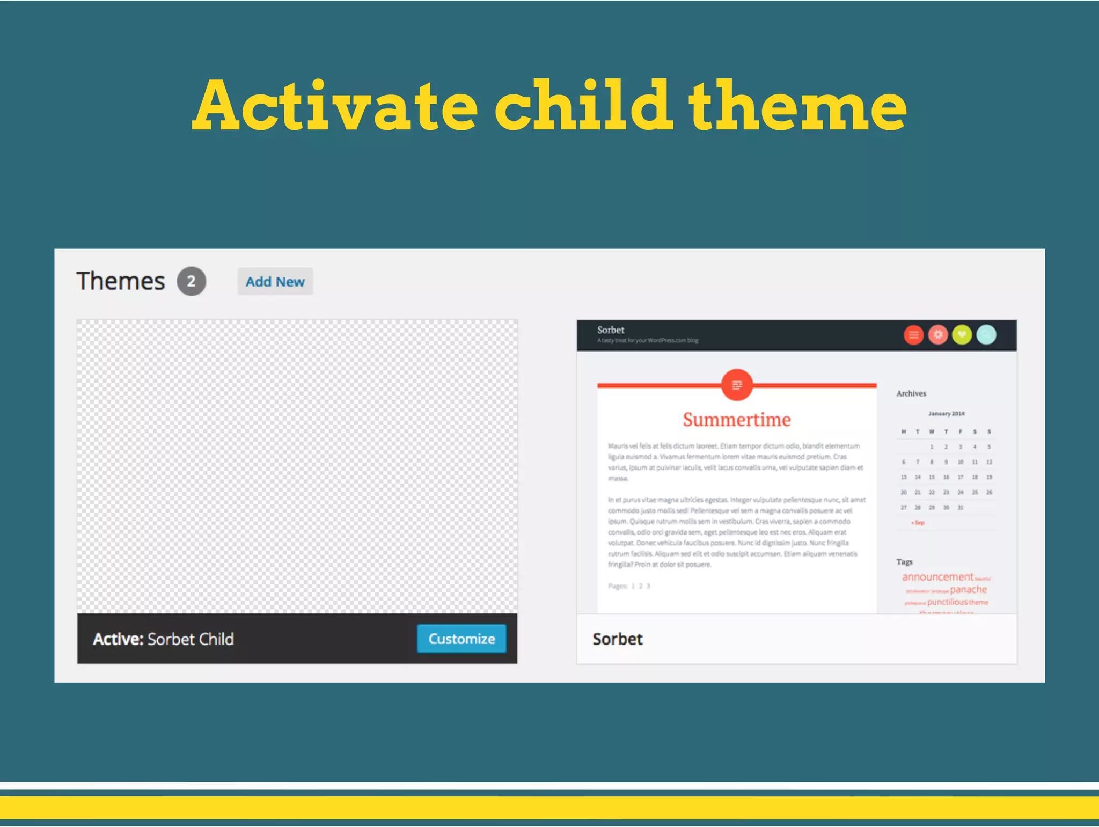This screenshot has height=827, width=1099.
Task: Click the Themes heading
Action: point(121,281)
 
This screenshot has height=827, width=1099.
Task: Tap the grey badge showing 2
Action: point(192,281)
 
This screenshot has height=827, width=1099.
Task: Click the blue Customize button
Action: point(461,639)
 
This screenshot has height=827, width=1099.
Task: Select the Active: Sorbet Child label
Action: point(163,639)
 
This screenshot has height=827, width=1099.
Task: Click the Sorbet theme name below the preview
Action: point(617,639)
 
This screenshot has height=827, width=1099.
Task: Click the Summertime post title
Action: point(736,420)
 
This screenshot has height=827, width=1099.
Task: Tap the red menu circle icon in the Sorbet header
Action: point(913,335)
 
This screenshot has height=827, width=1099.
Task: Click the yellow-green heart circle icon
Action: point(962,335)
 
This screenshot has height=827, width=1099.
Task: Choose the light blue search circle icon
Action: point(986,335)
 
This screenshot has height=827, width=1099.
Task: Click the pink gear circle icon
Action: point(937,335)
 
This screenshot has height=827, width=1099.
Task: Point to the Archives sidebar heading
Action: point(911,393)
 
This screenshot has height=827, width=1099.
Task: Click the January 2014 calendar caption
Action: point(946,414)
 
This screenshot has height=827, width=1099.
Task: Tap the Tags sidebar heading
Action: point(904,562)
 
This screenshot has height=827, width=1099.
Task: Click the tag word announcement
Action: point(937,577)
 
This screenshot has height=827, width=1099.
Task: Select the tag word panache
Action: point(968,590)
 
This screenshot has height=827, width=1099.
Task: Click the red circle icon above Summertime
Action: point(737,385)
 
